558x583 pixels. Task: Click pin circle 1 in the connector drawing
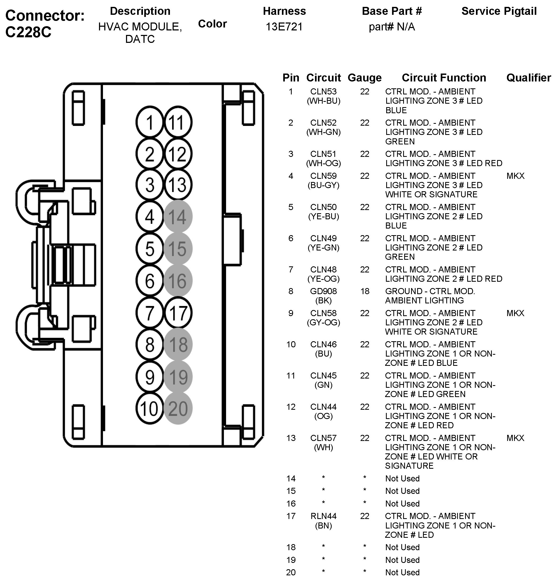(150, 122)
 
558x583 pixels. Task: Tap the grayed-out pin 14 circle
(178, 216)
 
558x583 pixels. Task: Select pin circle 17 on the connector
(178, 313)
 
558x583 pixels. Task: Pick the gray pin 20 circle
(178, 408)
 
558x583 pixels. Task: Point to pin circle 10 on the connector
(150, 408)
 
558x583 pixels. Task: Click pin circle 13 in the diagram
(178, 184)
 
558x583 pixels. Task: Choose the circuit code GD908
(323, 291)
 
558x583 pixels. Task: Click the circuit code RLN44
(323, 516)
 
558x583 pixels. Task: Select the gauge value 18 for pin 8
(365, 291)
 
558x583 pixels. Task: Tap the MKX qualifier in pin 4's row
(515, 176)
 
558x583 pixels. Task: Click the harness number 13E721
(284, 27)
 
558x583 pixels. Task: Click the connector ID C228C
(29, 32)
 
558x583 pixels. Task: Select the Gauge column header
(365, 78)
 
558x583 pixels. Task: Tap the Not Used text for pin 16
(402, 504)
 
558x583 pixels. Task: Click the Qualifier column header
(529, 78)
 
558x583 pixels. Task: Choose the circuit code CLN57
(323, 438)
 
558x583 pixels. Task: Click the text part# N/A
(392, 27)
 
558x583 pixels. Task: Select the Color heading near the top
(212, 24)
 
